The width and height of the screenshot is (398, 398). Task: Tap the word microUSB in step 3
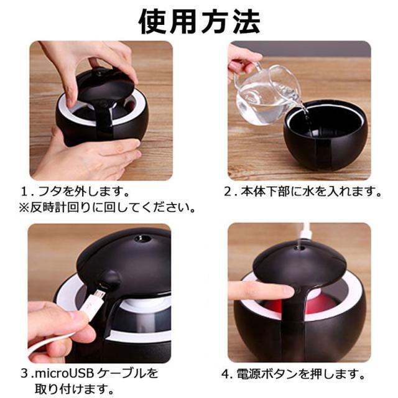click(65, 374)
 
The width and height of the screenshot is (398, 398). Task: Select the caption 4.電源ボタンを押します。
click(294, 374)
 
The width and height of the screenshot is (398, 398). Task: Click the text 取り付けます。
click(74, 389)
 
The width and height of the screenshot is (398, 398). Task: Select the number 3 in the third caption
click(24, 374)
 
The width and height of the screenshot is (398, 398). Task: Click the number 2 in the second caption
click(228, 192)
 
